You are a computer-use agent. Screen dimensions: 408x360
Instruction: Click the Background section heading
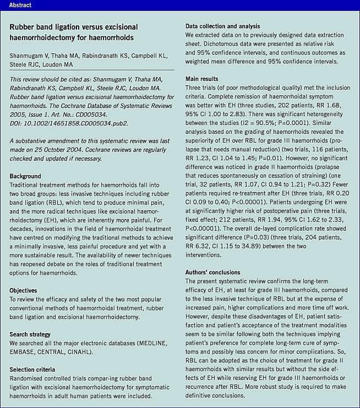coord(25,176)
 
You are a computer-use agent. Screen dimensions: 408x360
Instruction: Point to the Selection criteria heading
coord(32,369)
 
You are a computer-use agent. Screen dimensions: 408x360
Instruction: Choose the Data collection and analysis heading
coord(223,26)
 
